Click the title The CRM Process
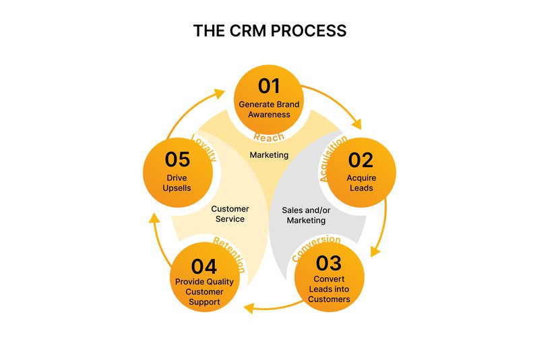[269, 31]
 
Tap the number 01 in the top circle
[269, 86]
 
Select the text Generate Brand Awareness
[269, 109]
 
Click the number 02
[360, 160]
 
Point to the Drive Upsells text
[179, 183]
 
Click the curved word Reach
[269, 138]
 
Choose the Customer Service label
[230, 214]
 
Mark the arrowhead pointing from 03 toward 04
[249, 308]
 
